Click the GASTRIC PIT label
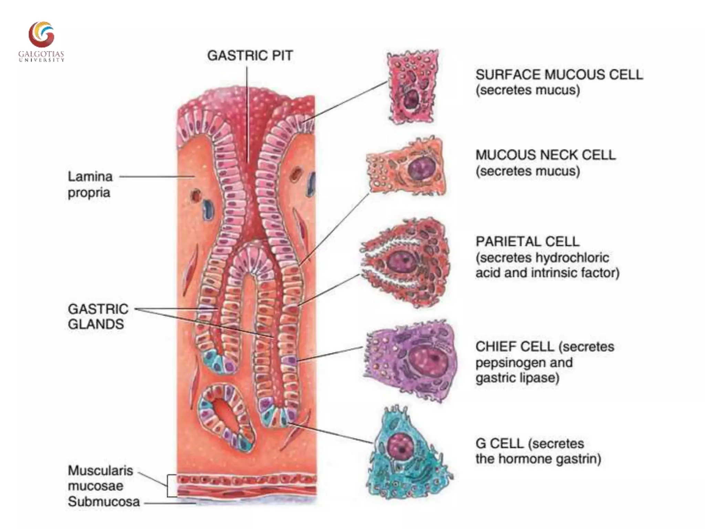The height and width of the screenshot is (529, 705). click(x=250, y=56)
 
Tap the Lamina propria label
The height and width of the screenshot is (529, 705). click(x=90, y=184)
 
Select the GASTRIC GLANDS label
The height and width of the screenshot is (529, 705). click(x=98, y=316)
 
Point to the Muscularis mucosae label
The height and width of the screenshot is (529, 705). click(x=100, y=478)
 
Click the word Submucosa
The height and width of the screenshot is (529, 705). click(x=104, y=502)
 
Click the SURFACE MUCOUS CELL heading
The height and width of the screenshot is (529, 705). click(x=559, y=75)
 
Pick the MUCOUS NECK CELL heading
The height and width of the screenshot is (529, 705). click(x=545, y=155)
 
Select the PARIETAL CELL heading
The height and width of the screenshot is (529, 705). click(x=527, y=241)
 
